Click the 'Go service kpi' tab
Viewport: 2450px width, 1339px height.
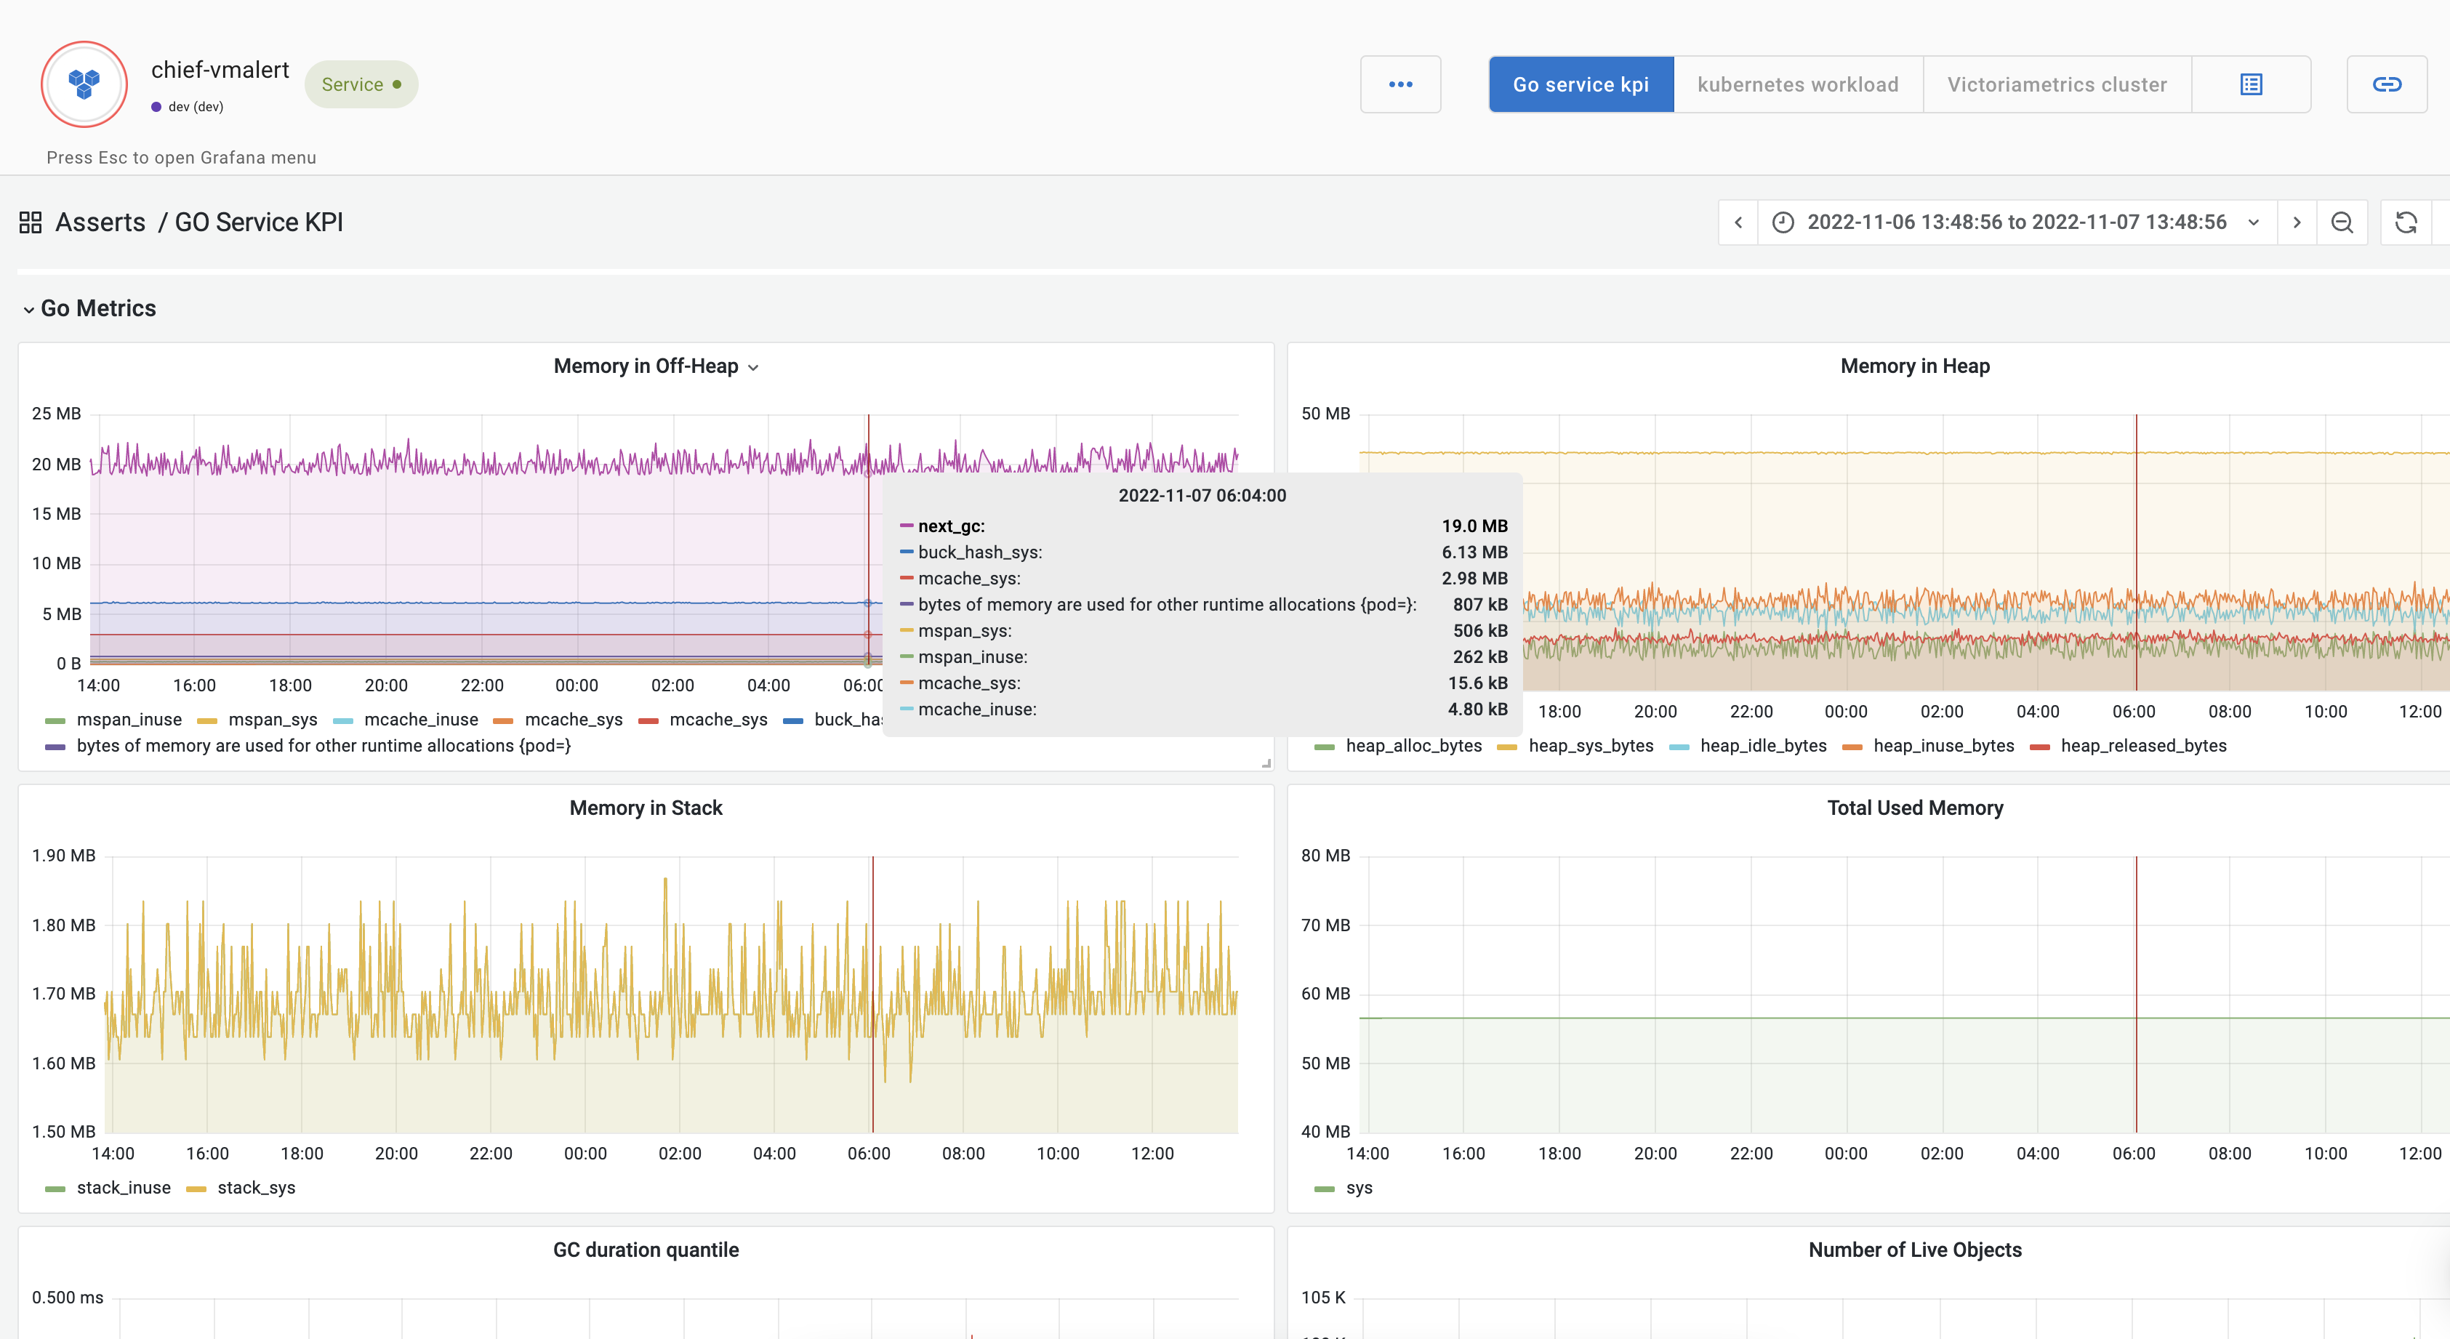1580,84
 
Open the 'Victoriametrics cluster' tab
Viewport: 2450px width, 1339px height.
2056,84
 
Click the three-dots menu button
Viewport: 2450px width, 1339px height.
1400,84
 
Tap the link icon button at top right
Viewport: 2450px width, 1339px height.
2386,84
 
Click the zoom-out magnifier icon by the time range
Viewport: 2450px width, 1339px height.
2342,222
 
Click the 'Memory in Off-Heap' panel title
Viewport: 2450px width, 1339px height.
646,366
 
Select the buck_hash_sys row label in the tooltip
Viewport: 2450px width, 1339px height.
979,552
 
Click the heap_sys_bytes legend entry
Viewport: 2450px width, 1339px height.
1589,746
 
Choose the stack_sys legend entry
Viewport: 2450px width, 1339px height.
255,1188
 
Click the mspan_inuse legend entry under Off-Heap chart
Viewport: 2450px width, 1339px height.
129,720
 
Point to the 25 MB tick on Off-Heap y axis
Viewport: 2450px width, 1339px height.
56,414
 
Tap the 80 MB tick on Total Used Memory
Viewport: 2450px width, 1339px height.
1325,856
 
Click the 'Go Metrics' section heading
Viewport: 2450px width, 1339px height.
98,308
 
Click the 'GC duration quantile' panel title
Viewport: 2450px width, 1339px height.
646,1250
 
